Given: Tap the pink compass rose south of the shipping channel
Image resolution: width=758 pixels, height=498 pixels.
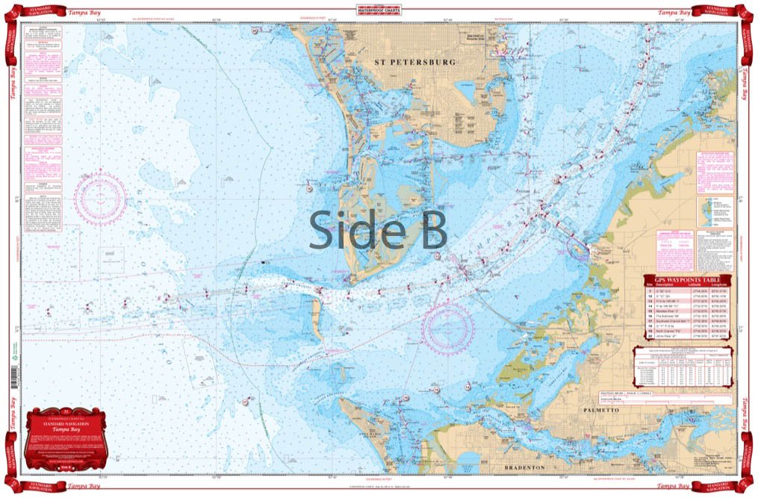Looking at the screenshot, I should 448,328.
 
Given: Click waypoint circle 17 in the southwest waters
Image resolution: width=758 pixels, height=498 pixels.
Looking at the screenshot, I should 244,402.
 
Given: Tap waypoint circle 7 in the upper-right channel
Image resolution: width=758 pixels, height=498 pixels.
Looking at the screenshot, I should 640,66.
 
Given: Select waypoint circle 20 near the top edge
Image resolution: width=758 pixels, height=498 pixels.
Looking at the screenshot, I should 255,31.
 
